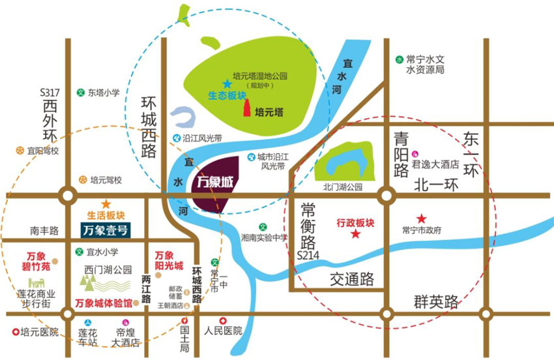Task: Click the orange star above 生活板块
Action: tap(106, 204)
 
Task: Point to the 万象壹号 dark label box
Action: tap(106, 229)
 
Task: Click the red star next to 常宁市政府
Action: tap(422, 218)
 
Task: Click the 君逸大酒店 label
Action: tap(436, 165)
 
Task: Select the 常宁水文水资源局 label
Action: tap(424, 64)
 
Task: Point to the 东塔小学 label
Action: tap(104, 93)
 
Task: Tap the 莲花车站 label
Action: tap(88, 337)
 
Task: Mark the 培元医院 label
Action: tap(39, 332)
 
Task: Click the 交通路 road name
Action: tap(352, 280)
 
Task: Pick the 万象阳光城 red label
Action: tap(168, 261)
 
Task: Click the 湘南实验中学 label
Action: tap(264, 237)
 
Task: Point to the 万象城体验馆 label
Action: tap(104, 303)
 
